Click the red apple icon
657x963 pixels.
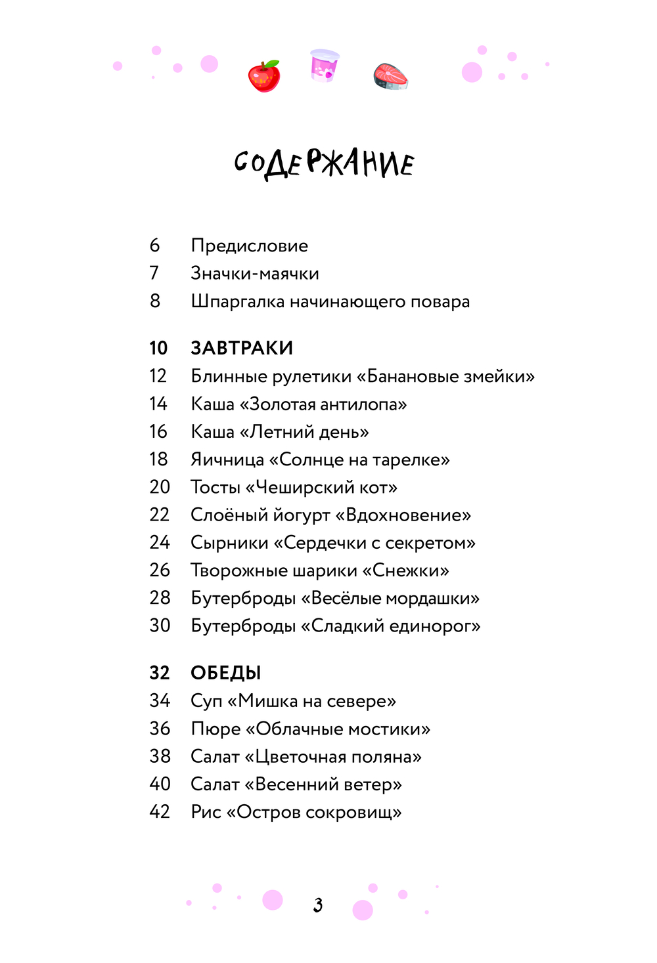[x=264, y=76]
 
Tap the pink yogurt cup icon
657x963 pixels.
[x=325, y=66]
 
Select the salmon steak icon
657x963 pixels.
[x=391, y=76]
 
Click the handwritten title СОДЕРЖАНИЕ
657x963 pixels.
[x=325, y=163]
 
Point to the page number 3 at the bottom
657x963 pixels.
[x=318, y=905]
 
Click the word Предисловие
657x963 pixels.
[x=249, y=246]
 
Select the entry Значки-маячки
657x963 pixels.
[x=254, y=273]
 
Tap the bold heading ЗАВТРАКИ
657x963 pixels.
[x=242, y=348]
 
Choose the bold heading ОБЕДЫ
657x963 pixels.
[x=226, y=673]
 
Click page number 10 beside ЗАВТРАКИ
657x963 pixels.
[x=158, y=348]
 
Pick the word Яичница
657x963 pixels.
[x=227, y=460]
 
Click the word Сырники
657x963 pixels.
[x=229, y=543]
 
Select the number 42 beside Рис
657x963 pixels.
[x=160, y=812]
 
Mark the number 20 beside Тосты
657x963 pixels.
[x=160, y=487]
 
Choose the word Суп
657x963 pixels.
[x=206, y=702]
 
